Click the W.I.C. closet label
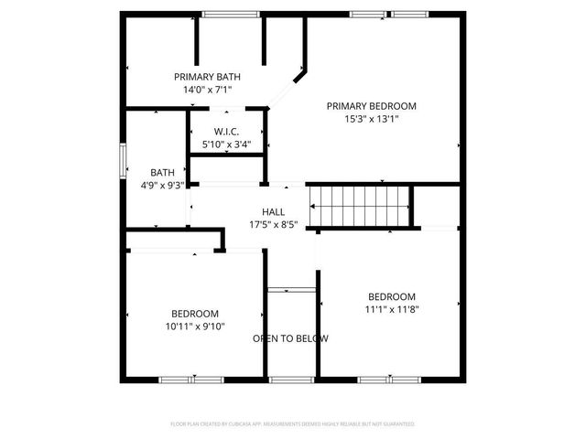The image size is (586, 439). pos(226,132)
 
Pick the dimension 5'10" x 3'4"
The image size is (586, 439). pos(226,145)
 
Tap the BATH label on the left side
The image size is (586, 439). pos(162,172)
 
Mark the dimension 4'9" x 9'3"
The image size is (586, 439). pos(162,185)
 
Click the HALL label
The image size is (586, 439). pos(273,211)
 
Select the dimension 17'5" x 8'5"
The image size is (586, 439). pos(273,224)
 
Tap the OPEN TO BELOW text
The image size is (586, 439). pos(290,338)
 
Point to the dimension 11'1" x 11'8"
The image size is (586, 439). pos(392,309)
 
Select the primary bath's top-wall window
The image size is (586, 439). pos(229,14)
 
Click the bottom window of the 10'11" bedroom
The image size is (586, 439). pos(190,379)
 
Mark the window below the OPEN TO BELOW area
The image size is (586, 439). pos(290,379)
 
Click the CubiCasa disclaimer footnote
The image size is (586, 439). pos(292,424)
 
